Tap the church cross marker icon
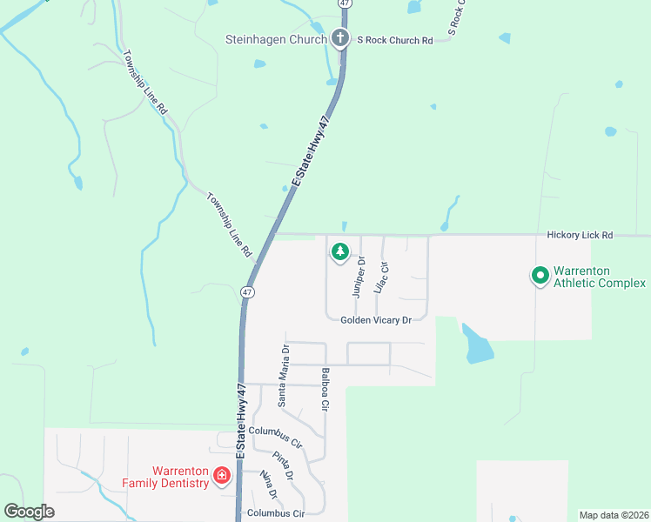pyautogui.click(x=340, y=39)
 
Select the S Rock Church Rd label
pyautogui.click(x=393, y=40)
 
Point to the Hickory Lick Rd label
pyautogui.click(x=581, y=235)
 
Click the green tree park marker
pyautogui.click(x=339, y=252)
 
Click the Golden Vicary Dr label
pyautogui.click(x=375, y=320)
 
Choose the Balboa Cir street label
pyautogui.click(x=325, y=390)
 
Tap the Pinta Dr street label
pyautogui.click(x=283, y=465)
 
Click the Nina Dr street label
pyautogui.click(x=268, y=485)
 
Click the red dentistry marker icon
pyautogui.click(x=222, y=475)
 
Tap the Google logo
pyautogui.click(x=30, y=512)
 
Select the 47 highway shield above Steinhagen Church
pyautogui.click(x=345, y=3)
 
